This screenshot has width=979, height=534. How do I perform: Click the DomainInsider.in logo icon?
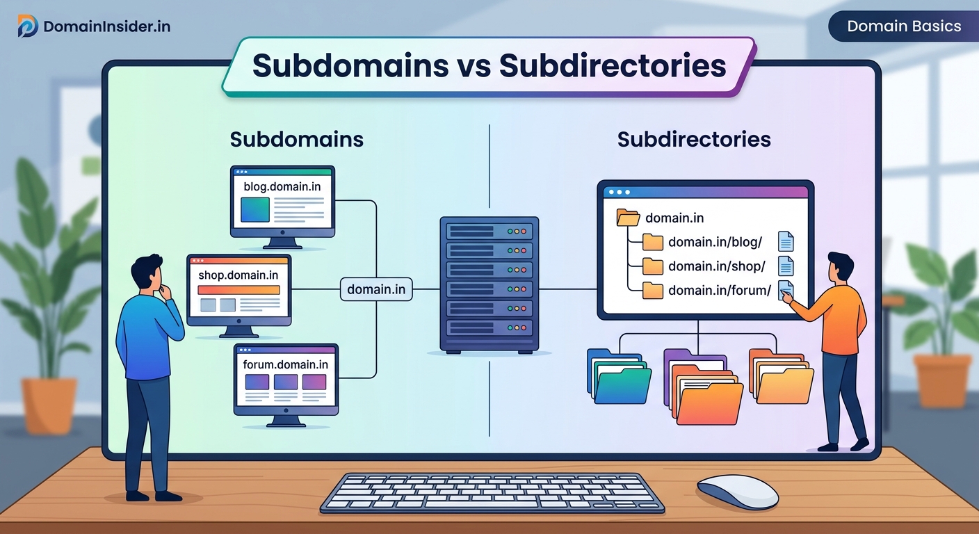28,26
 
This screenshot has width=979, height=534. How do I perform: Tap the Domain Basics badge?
904,26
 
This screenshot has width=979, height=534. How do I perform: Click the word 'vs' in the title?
474,65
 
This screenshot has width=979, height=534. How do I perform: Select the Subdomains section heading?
296,139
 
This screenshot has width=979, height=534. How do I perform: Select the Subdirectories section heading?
693,139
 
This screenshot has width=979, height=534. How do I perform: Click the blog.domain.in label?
282,186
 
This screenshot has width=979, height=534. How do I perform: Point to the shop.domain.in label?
238,275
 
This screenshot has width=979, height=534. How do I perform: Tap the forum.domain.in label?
285,364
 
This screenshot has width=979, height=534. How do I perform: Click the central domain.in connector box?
376,289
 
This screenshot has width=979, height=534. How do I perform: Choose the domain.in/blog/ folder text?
715,242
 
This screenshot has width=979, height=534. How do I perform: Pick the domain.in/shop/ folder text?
716,266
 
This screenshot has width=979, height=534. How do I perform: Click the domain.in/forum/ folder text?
719,290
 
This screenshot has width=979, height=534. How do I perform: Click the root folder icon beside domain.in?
628,218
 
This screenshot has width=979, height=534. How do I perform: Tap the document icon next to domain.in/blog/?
786,242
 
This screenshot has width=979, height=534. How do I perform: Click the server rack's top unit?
489,230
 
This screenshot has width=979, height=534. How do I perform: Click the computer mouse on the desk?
737,492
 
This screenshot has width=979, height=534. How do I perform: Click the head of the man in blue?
148,273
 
